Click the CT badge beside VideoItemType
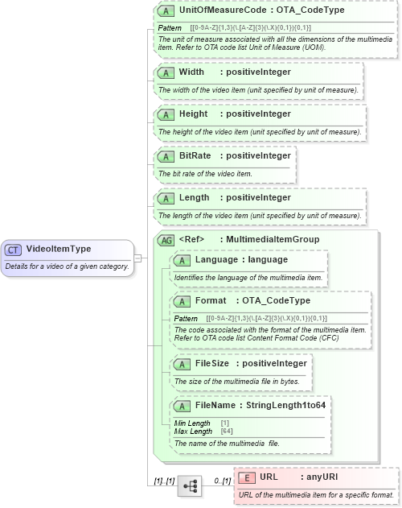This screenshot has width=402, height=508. click(14, 250)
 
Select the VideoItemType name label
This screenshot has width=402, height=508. click(58, 250)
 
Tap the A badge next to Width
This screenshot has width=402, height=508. click(166, 72)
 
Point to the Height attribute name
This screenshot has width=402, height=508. click(193, 114)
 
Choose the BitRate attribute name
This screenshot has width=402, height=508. click(195, 155)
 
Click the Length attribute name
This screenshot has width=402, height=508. click(194, 197)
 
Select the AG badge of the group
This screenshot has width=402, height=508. click(166, 239)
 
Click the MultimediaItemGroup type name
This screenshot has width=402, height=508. click(273, 239)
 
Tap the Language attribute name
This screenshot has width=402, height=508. click(215, 259)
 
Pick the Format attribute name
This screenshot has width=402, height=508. click(211, 300)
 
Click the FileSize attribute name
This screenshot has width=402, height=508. click(212, 363)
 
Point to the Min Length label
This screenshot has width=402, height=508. click(193, 423)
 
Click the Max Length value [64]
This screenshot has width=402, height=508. click(227, 432)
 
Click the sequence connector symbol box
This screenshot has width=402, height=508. click(190, 486)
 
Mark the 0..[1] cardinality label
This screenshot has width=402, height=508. click(222, 481)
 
